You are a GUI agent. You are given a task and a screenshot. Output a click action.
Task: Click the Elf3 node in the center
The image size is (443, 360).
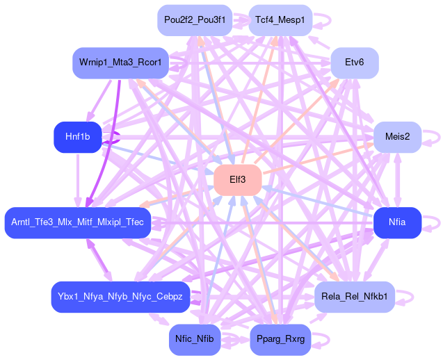pyautogui.click(x=237, y=180)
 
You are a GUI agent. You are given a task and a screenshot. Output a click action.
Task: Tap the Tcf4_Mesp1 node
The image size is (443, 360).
pyautogui.click(x=280, y=20)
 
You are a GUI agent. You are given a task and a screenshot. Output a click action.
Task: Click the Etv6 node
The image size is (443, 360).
pyautogui.click(x=354, y=63)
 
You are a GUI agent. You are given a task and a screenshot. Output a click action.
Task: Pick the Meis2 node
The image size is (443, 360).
pyautogui.click(x=396, y=136)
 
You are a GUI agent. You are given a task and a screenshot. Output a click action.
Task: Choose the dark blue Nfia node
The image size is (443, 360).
pyautogui.click(x=397, y=222)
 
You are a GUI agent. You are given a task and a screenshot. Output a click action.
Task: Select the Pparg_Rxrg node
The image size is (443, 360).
pyautogui.click(x=280, y=340)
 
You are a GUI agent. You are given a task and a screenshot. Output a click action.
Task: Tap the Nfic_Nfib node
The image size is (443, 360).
pyautogui.click(x=195, y=340)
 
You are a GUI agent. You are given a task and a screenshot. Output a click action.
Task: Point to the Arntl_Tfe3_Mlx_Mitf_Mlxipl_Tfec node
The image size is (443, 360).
pyautogui.click(x=77, y=222)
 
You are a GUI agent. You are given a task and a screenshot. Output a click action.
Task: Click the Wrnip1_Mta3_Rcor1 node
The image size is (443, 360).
pyautogui.click(x=120, y=63)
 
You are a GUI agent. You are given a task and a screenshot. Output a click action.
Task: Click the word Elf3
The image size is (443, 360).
pyautogui.click(x=237, y=180)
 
